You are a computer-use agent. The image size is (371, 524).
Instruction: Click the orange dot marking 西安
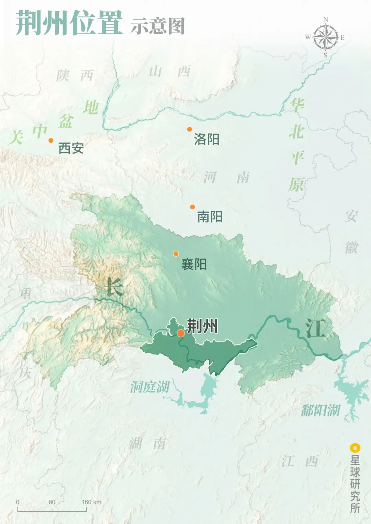(x=51, y=140)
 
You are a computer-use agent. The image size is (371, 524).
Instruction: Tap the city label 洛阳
(x=206, y=139)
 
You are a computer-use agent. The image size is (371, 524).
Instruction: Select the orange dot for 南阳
(x=192, y=207)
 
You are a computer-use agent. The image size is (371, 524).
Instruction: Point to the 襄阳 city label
(x=194, y=264)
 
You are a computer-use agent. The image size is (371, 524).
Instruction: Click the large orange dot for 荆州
(x=181, y=333)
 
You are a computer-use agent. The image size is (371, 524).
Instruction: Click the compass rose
(x=325, y=37)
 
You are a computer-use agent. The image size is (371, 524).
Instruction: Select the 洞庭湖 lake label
(x=150, y=387)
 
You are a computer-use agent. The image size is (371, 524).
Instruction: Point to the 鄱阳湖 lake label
(x=320, y=410)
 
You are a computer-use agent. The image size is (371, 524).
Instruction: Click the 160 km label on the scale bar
(x=91, y=502)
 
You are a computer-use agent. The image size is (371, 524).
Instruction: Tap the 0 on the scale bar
(x=18, y=502)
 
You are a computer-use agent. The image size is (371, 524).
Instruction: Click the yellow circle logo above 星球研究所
(x=355, y=448)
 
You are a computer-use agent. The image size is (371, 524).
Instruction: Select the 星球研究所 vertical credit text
(x=355, y=484)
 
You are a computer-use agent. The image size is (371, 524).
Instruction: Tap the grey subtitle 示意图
(x=158, y=26)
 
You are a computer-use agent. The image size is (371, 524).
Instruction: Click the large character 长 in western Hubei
(x=114, y=287)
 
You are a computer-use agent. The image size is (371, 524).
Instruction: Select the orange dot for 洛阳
(x=189, y=129)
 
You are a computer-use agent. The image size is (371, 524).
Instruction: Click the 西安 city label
(x=71, y=148)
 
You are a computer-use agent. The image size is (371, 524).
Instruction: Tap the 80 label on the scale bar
(x=52, y=502)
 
